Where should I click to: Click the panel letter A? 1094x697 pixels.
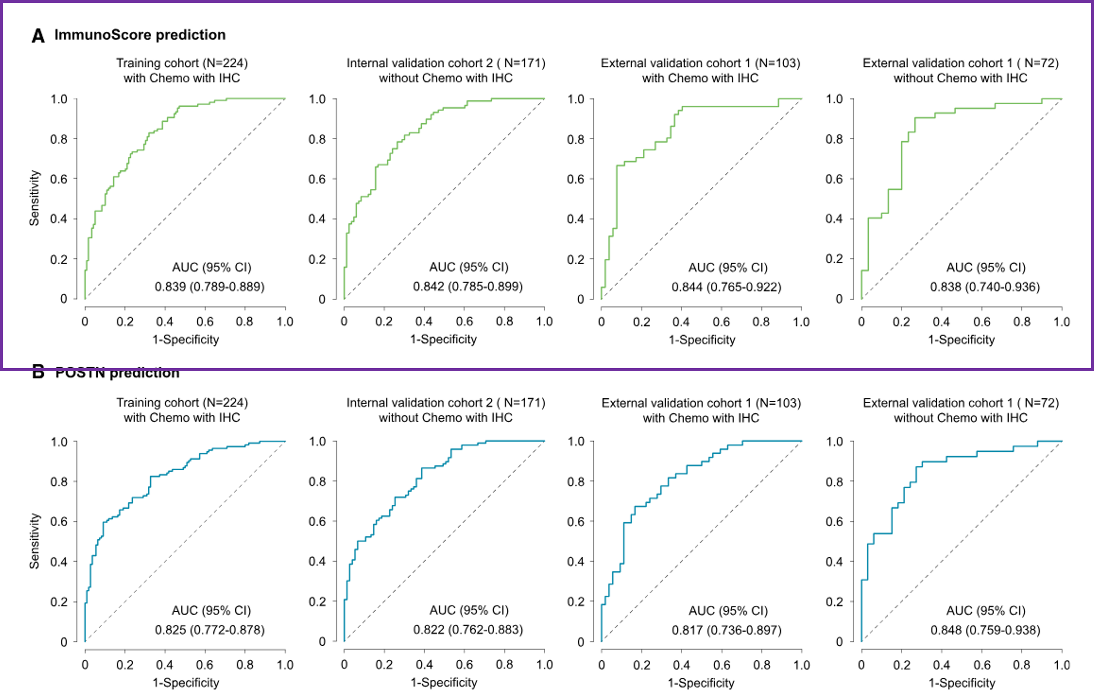(x=38, y=36)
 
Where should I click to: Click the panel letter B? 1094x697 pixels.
(x=38, y=372)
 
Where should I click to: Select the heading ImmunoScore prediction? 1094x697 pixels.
(x=140, y=35)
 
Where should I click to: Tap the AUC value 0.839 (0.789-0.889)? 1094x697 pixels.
(x=209, y=287)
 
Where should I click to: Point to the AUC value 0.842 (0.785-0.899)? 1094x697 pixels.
(x=468, y=286)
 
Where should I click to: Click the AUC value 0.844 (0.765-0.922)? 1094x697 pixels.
(x=726, y=287)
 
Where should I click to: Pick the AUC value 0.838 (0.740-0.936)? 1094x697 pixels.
(x=985, y=287)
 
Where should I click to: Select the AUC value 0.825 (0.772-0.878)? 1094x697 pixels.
(x=209, y=630)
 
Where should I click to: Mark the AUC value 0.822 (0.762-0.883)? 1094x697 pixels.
(x=468, y=629)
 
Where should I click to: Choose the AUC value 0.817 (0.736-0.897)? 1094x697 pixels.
(x=726, y=630)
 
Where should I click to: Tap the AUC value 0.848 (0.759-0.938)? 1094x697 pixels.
(x=985, y=630)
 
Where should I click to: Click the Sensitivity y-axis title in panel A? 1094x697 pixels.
(x=34, y=198)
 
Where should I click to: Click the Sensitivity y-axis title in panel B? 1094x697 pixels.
(x=34, y=541)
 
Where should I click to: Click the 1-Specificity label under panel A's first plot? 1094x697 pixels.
(x=185, y=339)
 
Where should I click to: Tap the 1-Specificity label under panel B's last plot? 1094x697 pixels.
(x=962, y=682)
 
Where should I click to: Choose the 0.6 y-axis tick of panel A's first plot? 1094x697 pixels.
(x=59, y=179)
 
